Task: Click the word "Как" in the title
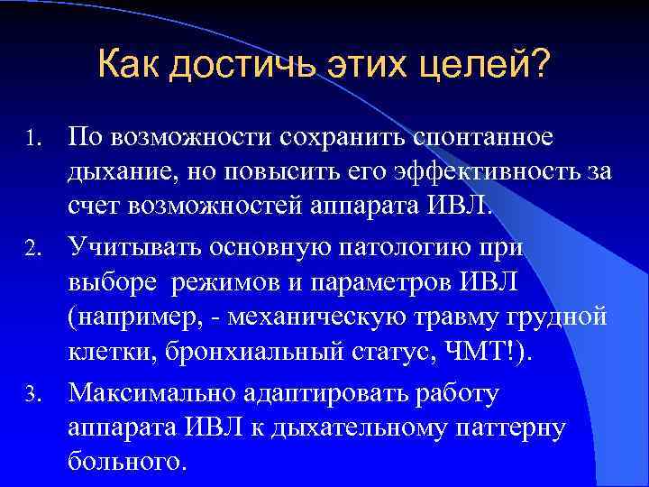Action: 129,66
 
